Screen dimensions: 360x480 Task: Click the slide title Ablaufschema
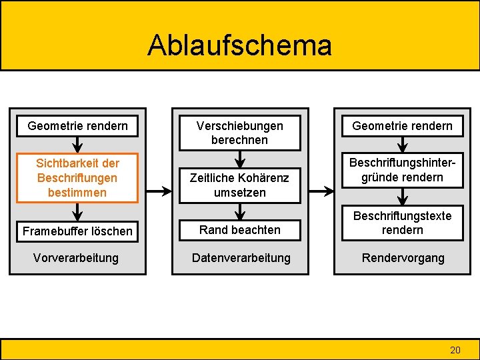click(239, 45)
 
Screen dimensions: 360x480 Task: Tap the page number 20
click(455, 349)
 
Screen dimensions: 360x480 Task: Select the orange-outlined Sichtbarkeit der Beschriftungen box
click(77, 178)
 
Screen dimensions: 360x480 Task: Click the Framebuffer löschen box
click(77, 231)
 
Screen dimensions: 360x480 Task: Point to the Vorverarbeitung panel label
click(76, 257)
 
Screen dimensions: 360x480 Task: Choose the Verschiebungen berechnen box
click(239, 133)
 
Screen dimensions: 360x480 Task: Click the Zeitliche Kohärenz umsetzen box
click(239, 185)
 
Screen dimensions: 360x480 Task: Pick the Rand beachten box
click(239, 229)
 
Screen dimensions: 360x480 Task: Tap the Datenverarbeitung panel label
click(241, 257)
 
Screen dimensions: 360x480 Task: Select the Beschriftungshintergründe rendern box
click(402, 170)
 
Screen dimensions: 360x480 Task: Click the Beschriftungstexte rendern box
click(402, 223)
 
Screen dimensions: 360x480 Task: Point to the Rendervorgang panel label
click(402, 257)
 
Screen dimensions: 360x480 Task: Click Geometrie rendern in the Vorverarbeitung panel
click(77, 125)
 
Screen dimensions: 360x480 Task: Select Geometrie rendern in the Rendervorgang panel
click(402, 125)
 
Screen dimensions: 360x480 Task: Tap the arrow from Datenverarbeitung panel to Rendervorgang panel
click(321, 191)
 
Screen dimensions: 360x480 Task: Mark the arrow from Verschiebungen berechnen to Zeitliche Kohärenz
click(239, 159)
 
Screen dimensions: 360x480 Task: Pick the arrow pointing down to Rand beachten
click(239, 211)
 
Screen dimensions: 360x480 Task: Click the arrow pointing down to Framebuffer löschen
click(77, 212)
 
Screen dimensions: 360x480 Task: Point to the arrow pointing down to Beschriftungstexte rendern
click(402, 197)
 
